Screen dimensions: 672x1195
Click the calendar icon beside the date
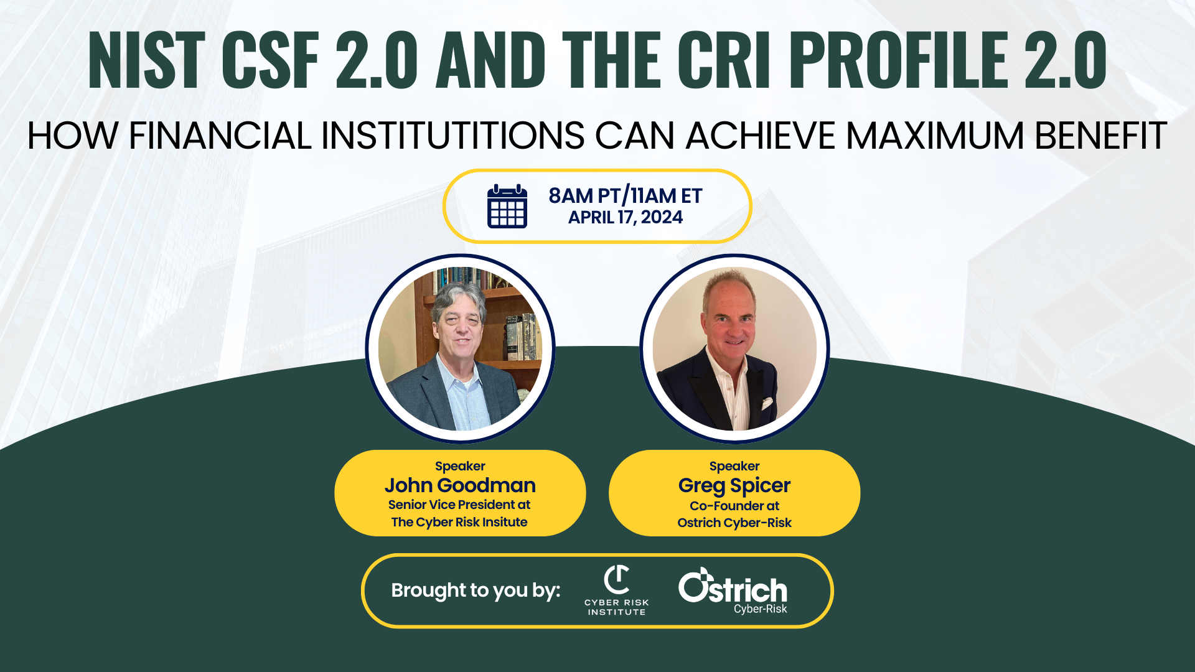(x=507, y=207)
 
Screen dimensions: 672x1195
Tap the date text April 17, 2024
(x=625, y=217)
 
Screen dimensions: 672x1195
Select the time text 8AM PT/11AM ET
(x=625, y=195)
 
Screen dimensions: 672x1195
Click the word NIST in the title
(x=147, y=60)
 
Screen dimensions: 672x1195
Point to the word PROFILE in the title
(x=902, y=60)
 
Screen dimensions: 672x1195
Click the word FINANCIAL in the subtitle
(x=220, y=136)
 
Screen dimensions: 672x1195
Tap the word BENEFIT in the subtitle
(x=1100, y=136)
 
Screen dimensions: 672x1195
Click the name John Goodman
(x=460, y=485)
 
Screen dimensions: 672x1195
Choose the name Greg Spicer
(x=734, y=485)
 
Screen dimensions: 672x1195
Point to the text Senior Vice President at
(x=459, y=505)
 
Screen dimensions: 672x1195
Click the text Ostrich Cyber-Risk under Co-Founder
(x=734, y=523)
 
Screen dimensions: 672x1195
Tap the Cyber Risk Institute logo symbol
(x=617, y=580)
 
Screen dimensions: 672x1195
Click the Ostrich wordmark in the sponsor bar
(x=733, y=589)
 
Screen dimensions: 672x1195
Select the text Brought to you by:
(x=476, y=590)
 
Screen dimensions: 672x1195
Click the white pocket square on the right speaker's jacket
(x=767, y=403)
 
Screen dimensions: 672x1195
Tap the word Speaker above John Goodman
(x=460, y=466)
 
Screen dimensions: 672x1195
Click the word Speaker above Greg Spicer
(x=734, y=466)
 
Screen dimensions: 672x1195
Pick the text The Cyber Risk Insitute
(x=459, y=522)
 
